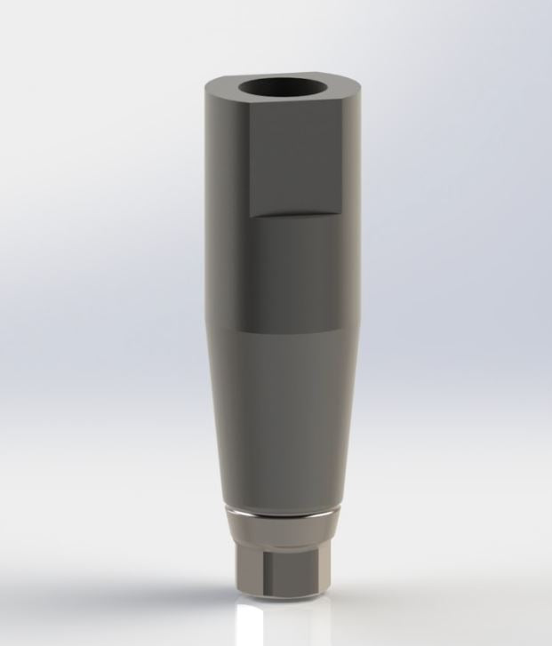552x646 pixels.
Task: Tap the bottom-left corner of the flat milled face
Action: coord(249,216)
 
